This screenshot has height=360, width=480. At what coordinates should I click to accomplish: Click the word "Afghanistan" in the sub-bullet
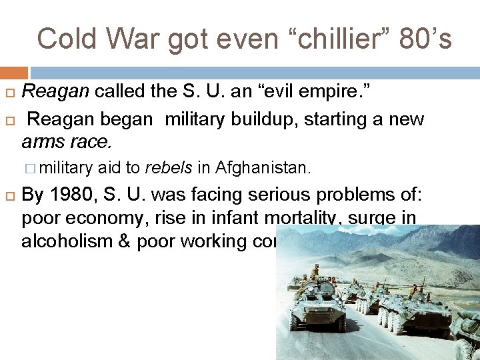pyautogui.click(x=266, y=168)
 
